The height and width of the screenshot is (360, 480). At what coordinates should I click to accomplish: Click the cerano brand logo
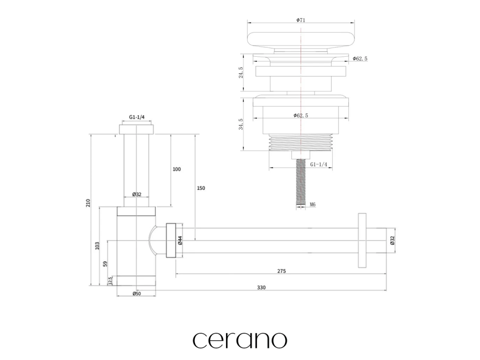point(240,339)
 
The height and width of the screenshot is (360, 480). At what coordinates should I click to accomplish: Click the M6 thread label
point(312,204)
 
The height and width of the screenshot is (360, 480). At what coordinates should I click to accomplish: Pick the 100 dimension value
point(176,169)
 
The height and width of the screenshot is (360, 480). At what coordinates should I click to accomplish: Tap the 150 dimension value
point(201,188)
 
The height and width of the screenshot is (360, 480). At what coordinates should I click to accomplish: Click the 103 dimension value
point(97,245)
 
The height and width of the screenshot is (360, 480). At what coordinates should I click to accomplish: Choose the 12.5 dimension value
point(110,280)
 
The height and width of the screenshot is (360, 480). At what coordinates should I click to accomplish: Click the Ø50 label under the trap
point(136,293)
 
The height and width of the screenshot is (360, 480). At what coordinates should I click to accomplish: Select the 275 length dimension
point(281,271)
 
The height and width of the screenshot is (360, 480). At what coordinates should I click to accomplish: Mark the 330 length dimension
point(261,288)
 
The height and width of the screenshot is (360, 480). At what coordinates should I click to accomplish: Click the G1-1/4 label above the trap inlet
point(136,118)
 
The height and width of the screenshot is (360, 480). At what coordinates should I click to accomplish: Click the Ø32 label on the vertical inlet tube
point(136,194)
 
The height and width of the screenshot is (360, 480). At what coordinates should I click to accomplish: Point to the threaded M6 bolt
point(298,183)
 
